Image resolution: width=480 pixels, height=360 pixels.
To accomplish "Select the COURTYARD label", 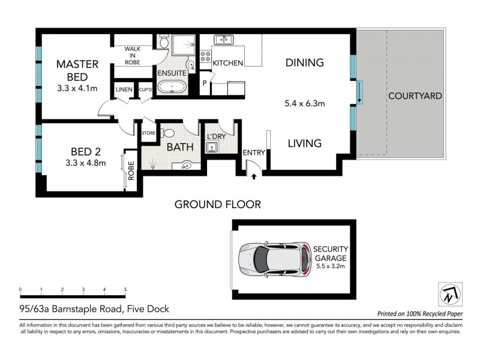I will tap(415, 95).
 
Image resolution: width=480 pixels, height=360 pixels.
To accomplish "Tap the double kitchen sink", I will tap(225, 40).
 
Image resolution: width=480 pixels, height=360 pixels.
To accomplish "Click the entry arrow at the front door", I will tap(253, 176).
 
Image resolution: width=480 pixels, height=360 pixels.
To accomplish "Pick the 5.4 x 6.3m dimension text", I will tap(304, 103).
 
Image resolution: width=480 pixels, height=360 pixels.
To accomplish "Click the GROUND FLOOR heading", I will tap(217, 205).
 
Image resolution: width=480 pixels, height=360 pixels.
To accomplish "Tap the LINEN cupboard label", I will tap(124, 90).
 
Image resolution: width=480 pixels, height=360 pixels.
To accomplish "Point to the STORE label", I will tap(148, 133).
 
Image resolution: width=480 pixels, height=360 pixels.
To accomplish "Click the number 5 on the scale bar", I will tap(125, 290).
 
